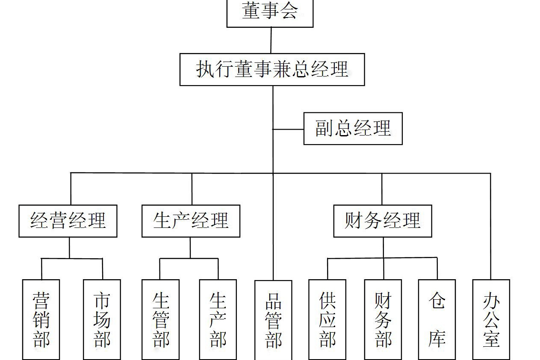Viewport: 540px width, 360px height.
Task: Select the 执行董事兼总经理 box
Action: (272, 69)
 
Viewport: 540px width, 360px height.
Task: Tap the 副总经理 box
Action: (353, 128)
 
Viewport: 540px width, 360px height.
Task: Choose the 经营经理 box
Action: (68, 221)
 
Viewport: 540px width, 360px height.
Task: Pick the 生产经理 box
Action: (191, 221)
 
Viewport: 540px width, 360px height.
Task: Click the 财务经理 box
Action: (382, 221)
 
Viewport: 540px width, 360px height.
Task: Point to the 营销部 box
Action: (41, 319)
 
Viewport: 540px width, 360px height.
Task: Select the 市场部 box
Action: (102, 319)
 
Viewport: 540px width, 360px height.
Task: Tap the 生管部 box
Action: (160, 319)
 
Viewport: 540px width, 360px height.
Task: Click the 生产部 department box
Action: (218, 319)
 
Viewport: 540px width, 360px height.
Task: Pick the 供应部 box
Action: (327, 319)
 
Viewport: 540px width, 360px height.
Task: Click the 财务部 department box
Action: (383, 319)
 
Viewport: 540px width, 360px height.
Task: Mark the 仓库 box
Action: (437, 319)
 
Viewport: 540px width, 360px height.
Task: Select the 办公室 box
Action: (491, 319)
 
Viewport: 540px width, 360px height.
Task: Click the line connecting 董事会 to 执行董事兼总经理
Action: (271, 40)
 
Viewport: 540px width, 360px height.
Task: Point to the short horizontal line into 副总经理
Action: (288, 129)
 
